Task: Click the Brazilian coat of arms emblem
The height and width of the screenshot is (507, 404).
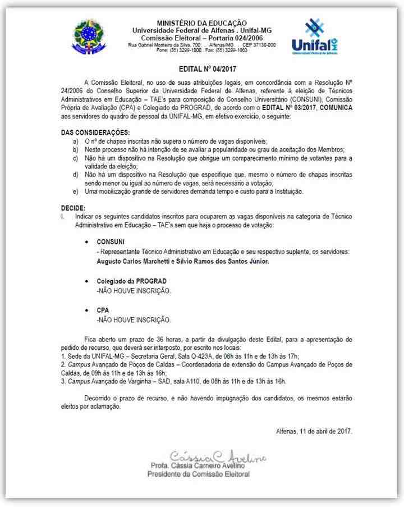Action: point(85,36)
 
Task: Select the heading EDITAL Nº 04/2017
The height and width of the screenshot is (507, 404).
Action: point(201,70)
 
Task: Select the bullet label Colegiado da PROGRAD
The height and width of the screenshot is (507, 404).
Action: point(131,281)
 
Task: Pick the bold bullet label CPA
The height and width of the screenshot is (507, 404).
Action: point(103,310)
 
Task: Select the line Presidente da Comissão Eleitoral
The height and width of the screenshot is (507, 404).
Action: point(199,474)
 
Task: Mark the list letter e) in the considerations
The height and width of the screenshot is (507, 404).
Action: point(75,191)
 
